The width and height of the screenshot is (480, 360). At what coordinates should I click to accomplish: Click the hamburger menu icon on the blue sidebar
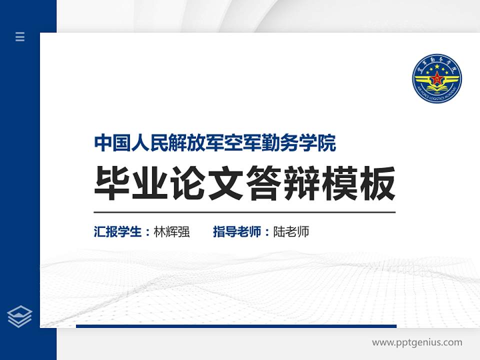tap(20, 36)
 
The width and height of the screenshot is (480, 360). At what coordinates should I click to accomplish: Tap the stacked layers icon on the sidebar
tap(20, 316)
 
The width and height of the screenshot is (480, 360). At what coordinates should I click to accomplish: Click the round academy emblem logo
tap(436, 78)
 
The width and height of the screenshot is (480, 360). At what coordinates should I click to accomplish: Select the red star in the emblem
tap(436, 78)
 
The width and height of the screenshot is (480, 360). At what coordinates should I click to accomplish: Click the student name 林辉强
tap(171, 232)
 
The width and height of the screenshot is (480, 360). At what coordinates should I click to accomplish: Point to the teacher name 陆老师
tap(291, 232)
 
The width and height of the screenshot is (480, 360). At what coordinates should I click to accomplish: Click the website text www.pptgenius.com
tap(417, 342)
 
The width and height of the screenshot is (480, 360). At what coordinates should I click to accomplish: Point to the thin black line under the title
tap(244, 212)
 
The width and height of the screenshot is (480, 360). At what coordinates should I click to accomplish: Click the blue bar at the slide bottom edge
tap(236, 326)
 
